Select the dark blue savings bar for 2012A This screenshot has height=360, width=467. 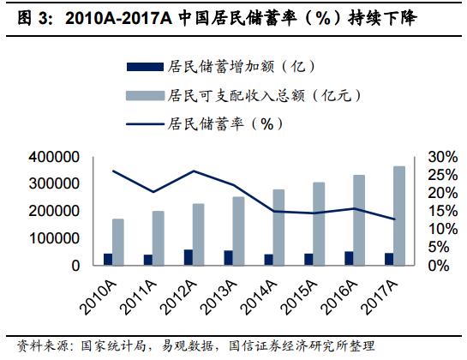click(189, 257)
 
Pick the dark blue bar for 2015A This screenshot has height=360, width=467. click(308, 259)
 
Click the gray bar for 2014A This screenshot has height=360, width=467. click(278, 227)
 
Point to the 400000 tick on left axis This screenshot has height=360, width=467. click(56, 157)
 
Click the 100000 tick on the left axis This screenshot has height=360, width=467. click(56, 238)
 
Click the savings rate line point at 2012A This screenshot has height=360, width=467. click(194, 171)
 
